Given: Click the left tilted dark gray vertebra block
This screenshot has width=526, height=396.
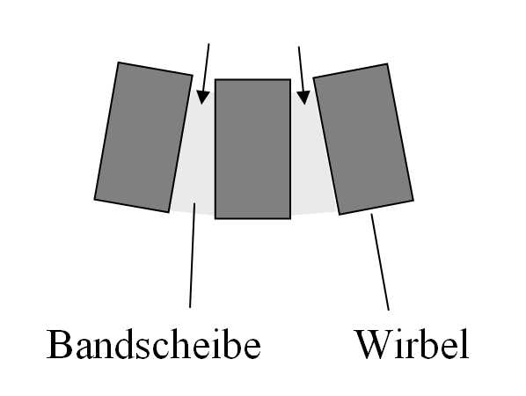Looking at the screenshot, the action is [143, 137].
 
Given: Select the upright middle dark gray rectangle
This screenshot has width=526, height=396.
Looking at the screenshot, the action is [252, 149].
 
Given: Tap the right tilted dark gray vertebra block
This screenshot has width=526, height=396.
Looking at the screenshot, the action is [363, 139].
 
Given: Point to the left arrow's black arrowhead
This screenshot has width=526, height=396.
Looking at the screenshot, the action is [202, 98].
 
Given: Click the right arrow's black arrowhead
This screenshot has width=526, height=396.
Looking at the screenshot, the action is [303, 98].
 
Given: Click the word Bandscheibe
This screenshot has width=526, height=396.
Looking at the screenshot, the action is [153, 345].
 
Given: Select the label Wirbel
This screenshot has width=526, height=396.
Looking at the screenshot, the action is [413, 345].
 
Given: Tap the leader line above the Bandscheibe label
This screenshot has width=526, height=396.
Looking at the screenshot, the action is [193, 255].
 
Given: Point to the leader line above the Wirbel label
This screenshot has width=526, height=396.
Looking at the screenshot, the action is [380, 262].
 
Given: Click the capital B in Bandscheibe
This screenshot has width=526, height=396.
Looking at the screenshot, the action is [60, 345].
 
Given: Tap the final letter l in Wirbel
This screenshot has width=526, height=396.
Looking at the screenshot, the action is [464, 344].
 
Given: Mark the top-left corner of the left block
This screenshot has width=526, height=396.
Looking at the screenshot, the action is [119, 62].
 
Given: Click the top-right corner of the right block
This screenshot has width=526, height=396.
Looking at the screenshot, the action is [387, 63].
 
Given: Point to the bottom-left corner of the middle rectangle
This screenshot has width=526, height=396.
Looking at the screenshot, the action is [215, 218].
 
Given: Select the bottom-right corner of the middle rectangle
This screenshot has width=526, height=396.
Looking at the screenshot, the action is [290, 218].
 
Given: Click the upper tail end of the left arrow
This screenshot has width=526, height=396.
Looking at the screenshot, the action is [208, 44].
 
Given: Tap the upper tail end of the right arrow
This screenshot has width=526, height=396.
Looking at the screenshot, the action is [299, 47].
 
